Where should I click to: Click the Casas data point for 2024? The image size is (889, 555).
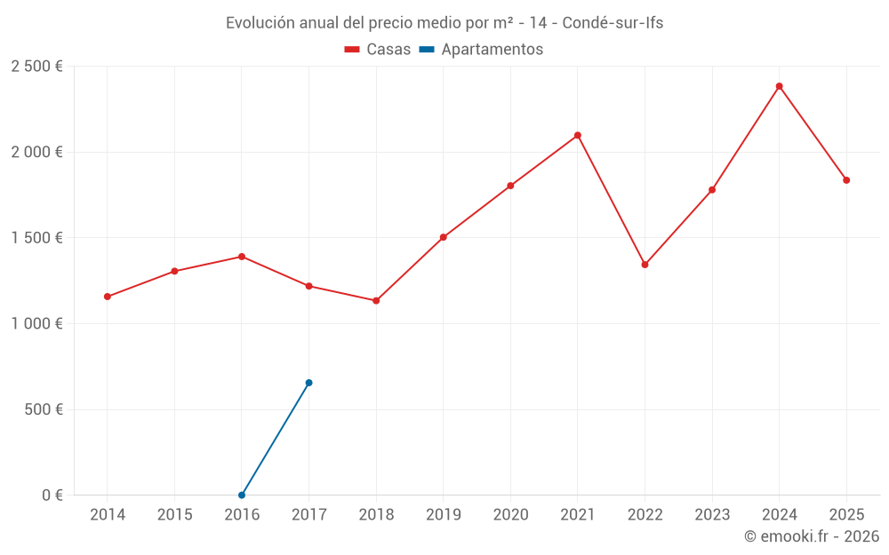click(779, 86)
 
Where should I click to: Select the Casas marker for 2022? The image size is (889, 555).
click(645, 265)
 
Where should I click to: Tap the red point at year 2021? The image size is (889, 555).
click(577, 135)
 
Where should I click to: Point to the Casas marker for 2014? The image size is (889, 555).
click(107, 297)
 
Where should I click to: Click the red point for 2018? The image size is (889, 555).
click(376, 301)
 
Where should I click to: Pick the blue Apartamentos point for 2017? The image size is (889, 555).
click(308, 383)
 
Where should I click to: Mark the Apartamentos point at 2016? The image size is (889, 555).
click(242, 495)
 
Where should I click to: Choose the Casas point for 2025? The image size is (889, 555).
click(846, 180)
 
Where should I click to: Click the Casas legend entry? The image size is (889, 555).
click(378, 50)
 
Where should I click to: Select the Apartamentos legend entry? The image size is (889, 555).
click(481, 50)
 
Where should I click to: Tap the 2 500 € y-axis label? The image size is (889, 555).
click(36, 67)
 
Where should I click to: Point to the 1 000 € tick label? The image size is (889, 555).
click(36, 324)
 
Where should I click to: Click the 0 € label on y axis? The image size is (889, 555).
click(52, 496)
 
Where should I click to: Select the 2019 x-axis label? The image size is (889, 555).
click(443, 515)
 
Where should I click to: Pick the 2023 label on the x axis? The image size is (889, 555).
click(711, 515)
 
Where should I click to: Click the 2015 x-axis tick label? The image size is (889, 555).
click(174, 515)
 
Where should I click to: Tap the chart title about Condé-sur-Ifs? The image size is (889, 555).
click(444, 23)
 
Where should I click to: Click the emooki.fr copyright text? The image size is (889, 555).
click(811, 536)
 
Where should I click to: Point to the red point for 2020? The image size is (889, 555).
click(510, 186)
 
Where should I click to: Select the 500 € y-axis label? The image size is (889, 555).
click(42, 409)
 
